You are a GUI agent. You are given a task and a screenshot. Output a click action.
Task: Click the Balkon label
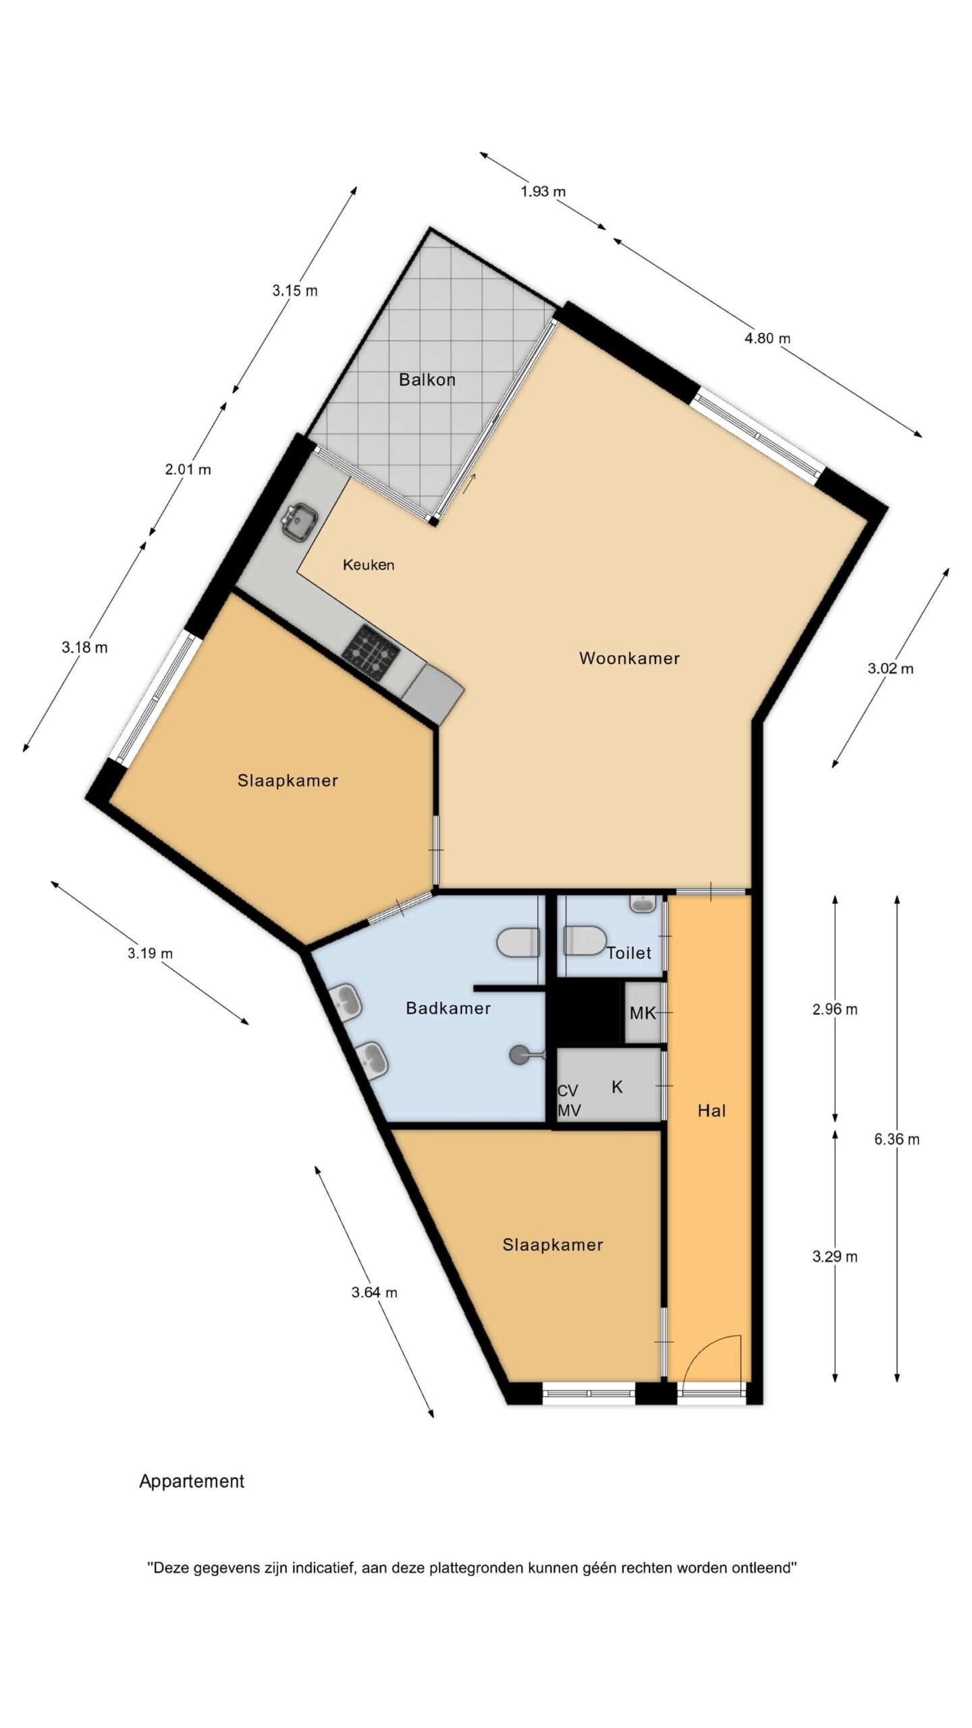pos(427,379)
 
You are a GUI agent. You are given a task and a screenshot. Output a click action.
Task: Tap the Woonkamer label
pos(629,658)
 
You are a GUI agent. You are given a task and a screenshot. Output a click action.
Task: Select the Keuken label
pos(369,565)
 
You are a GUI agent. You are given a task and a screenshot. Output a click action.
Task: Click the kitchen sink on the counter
pos(300,522)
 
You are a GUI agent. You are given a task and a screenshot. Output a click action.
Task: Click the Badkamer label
pos(448,1008)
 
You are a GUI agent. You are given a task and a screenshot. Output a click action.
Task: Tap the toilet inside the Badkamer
pos(518,942)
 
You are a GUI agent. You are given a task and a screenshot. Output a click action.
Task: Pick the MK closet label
pos(643,1013)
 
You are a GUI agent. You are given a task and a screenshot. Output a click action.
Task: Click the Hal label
pos(711,1110)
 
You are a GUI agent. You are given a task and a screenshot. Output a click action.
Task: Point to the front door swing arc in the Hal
pos(703,1351)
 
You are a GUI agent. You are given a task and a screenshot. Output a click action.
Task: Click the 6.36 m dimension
pos(896,1139)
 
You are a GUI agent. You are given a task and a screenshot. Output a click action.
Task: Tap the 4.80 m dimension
pos(767,338)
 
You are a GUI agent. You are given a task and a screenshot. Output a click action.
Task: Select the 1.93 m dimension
pos(543,192)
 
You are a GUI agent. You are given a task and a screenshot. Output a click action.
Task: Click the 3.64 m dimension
pos(375,1293)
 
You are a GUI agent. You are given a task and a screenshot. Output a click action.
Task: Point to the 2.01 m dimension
pos(188,469)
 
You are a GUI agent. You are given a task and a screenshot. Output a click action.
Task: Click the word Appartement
pos(192,1482)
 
